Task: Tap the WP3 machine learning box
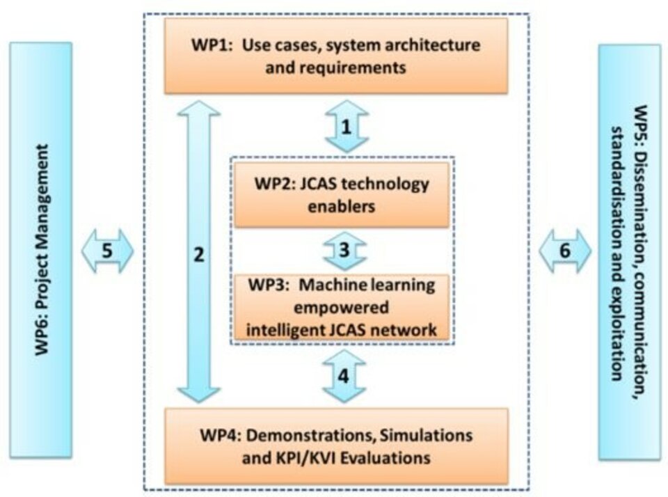[x=340, y=306]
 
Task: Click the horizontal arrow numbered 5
[x=107, y=251]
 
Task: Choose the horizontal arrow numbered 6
[x=564, y=251]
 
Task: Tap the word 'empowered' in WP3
[x=341, y=307]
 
